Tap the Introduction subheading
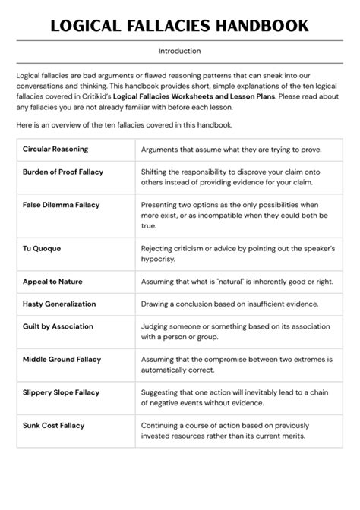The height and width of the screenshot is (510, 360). coord(180,52)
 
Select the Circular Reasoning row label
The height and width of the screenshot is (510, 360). coord(55,150)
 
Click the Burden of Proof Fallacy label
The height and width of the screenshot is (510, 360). coord(63,172)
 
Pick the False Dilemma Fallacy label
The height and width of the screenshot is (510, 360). coord(62,205)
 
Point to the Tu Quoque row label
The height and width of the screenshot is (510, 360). coord(42,248)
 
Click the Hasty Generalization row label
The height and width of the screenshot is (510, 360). coord(59,304)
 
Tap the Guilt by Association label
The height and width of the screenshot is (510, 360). coord(58,326)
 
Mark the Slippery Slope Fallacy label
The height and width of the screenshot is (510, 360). coord(62,392)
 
